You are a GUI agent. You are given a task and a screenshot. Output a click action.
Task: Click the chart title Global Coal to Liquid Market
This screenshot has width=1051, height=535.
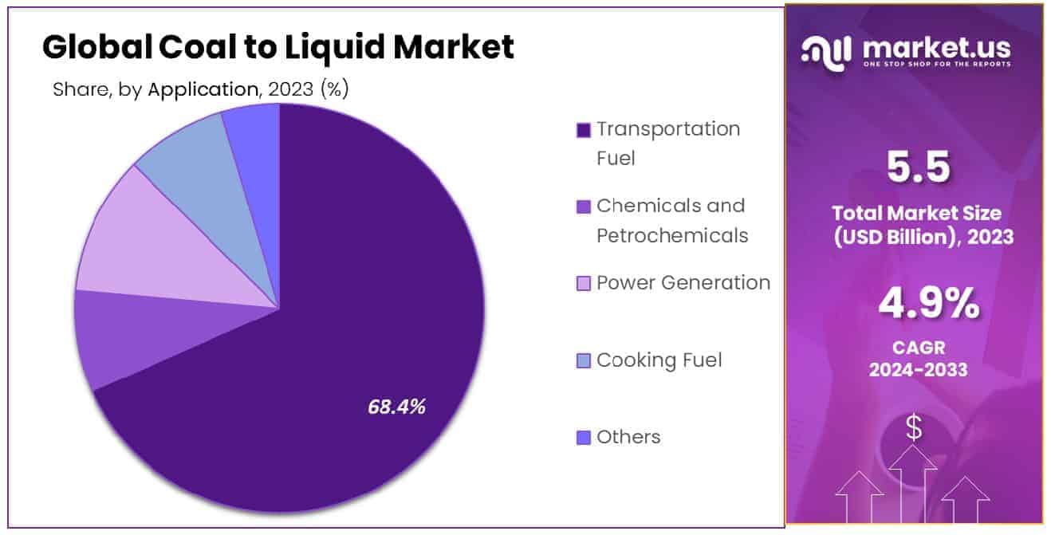pos(278,48)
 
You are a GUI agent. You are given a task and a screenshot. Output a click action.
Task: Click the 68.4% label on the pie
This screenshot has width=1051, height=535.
pos(396,407)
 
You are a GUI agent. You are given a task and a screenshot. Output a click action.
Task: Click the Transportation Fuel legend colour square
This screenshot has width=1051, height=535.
pos(584,130)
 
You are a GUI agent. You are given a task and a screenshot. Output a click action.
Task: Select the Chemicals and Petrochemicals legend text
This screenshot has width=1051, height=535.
pos(672,221)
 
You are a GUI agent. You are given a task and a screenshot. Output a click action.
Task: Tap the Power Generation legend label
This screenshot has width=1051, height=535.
pos(683,283)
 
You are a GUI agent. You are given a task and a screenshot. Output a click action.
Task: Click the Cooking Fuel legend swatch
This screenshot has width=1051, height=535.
pos(584,361)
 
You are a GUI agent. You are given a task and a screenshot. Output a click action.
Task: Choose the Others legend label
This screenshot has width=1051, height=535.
pos(628,437)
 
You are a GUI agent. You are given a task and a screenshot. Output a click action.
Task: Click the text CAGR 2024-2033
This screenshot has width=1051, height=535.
pos(918,358)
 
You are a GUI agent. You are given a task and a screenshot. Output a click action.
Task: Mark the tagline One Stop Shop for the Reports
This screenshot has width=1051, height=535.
pos(937,65)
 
